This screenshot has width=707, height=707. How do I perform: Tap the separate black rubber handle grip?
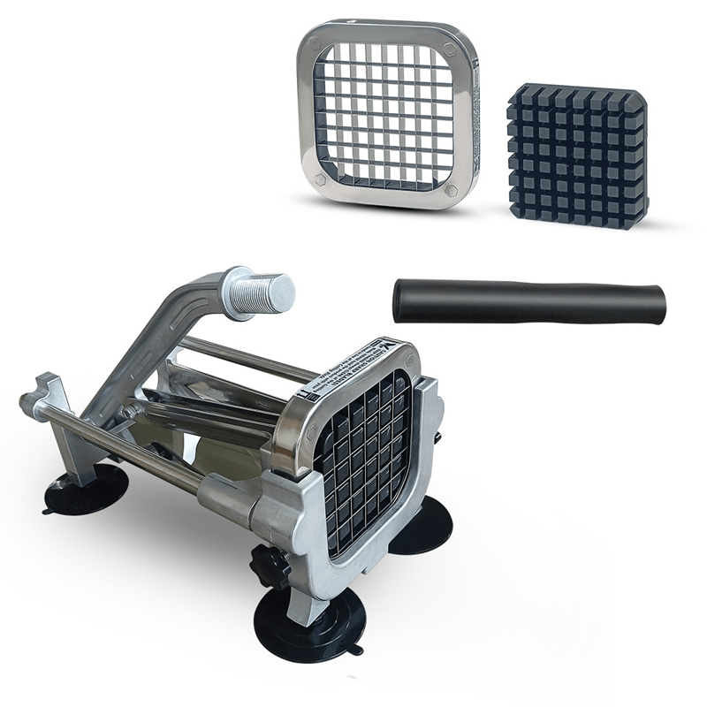pyautogui.click(x=530, y=301)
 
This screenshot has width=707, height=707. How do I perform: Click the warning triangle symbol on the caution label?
pyautogui.click(x=390, y=347)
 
